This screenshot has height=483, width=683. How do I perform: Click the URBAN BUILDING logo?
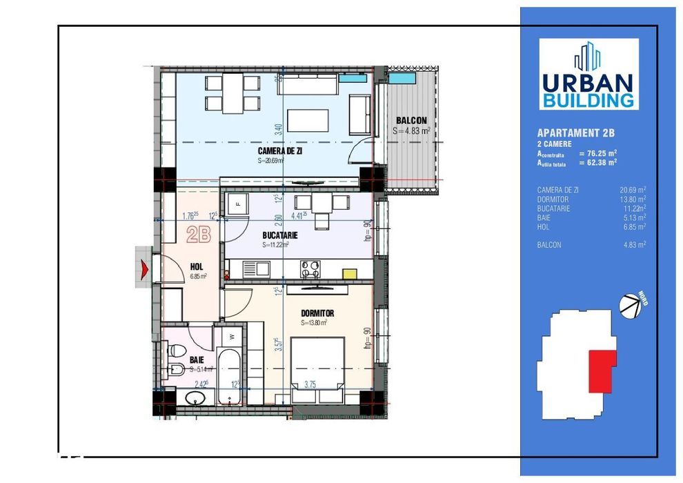click(x=588, y=74)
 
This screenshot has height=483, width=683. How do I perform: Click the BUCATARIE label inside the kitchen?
click(x=279, y=235)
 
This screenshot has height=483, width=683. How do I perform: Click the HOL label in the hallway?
click(x=196, y=266)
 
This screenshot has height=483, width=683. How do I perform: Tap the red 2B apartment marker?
click(x=199, y=235)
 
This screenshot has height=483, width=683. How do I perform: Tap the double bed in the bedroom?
click(x=317, y=366)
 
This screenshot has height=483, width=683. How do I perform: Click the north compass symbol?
click(x=630, y=305)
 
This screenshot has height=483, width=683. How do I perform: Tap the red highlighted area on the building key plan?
click(x=600, y=371)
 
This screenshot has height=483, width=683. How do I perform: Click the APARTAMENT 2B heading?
click(x=575, y=132)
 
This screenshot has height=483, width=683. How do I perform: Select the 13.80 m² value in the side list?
click(x=633, y=199)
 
